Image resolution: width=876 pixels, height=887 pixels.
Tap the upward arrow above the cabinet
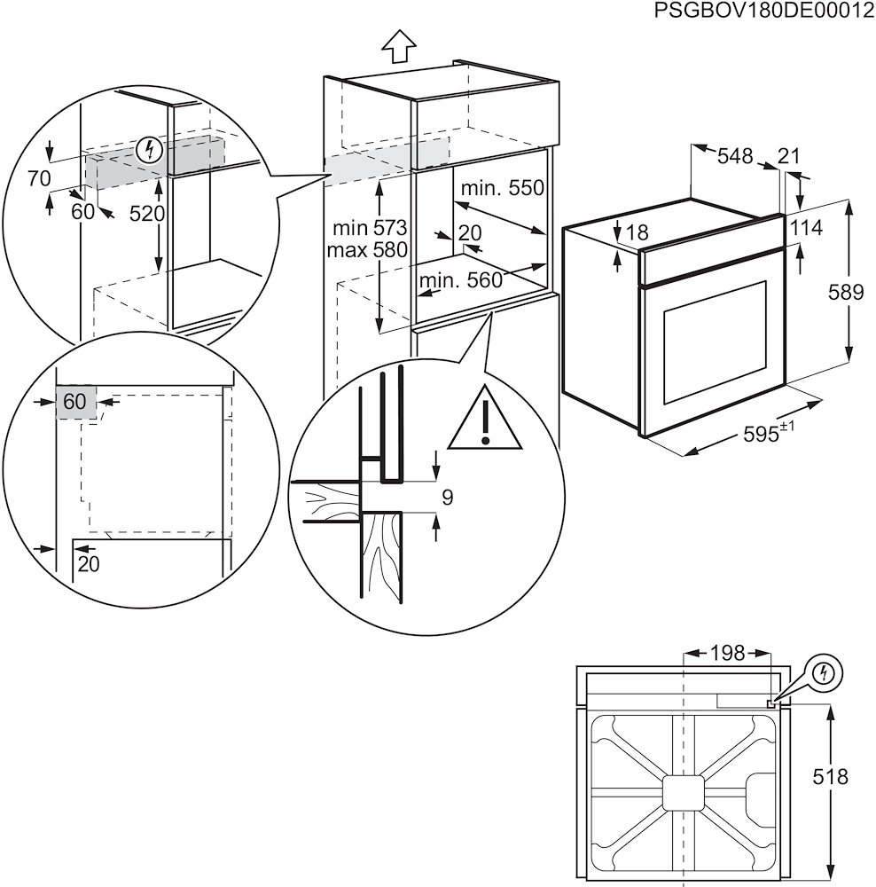coord(399,47)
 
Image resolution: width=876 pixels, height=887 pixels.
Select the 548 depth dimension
coord(735,157)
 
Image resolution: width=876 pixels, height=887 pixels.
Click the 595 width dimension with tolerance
coord(768,435)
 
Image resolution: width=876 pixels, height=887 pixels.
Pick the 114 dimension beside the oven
coord(805,228)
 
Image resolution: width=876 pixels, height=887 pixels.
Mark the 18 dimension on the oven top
coord(637,233)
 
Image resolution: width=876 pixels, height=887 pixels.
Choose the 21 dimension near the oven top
coord(788,157)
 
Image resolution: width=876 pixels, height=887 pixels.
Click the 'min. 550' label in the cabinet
coord(502,189)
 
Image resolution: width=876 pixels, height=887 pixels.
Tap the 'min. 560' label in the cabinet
coord(460,281)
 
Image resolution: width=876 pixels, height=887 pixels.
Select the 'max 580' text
coord(366,250)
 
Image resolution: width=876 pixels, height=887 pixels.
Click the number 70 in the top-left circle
coord(39,178)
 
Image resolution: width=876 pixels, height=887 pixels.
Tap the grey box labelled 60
coord(74,402)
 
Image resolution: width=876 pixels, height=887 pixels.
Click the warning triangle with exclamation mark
coord(485,419)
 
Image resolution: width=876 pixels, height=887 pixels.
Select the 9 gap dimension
coord(447,498)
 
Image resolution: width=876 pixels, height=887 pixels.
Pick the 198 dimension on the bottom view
coord(727,654)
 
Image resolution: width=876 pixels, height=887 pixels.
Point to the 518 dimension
coord(830,777)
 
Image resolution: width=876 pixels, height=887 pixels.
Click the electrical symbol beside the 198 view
coord(825,672)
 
